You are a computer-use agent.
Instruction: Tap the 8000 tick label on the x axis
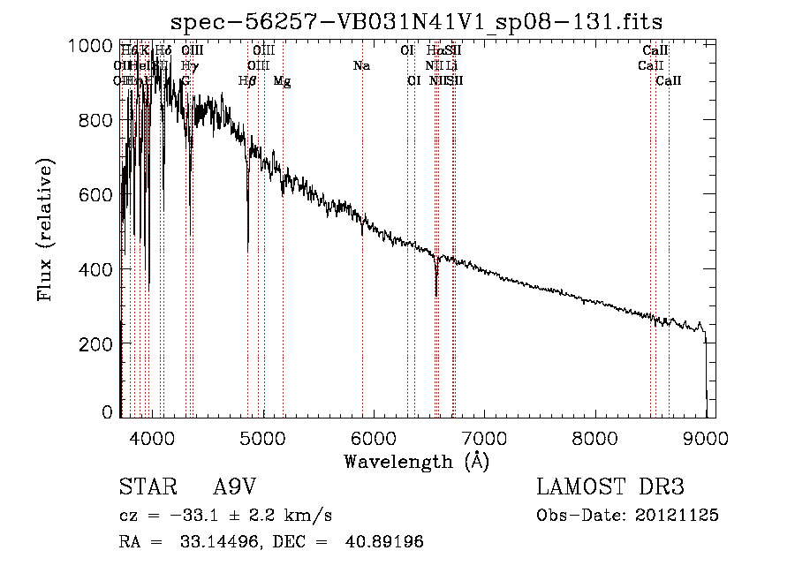coord(594,435)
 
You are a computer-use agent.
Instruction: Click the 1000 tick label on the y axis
coord(90,46)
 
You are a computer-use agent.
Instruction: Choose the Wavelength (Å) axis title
coord(416,461)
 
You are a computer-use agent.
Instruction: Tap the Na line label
coord(361,66)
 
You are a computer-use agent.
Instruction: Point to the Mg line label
coord(283,81)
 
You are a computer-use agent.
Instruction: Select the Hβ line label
coord(248,81)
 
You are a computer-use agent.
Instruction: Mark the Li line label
coord(451,66)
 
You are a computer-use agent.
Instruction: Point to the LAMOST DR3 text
coord(610,487)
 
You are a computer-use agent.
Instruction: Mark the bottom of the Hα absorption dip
coord(436,295)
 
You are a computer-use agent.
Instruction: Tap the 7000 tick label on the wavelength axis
coord(484,435)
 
